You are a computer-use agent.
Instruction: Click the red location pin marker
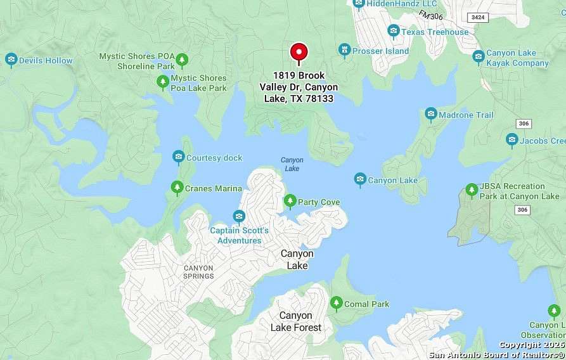[x=299, y=53]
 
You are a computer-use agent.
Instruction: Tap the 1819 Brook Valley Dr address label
[x=299, y=87]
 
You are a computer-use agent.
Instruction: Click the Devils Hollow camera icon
[x=11, y=60]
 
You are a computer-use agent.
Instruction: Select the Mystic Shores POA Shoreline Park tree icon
[x=182, y=60]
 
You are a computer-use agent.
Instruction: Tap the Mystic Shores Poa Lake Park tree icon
[x=163, y=82]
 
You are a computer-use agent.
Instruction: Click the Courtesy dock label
[x=214, y=158]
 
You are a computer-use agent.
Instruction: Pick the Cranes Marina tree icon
[x=177, y=188]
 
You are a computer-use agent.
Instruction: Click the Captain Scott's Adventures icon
[x=239, y=217]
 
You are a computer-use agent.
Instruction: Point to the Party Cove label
[x=319, y=202]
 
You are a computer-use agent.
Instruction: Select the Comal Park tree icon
[x=336, y=304]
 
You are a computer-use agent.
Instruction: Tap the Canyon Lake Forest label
[x=296, y=321]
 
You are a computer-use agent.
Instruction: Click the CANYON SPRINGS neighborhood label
[x=198, y=272]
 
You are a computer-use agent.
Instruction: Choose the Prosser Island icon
[x=344, y=50]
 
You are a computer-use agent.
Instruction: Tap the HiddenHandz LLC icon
[x=359, y=4]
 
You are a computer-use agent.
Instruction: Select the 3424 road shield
[x=479, y=17]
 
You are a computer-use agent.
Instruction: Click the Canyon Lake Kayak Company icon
[x=479, y=57]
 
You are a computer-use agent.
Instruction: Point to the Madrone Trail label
[x=466, y=115]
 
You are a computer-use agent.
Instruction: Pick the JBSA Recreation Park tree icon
[x=471, y=190]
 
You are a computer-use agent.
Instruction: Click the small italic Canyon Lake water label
[x=292, y=164]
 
